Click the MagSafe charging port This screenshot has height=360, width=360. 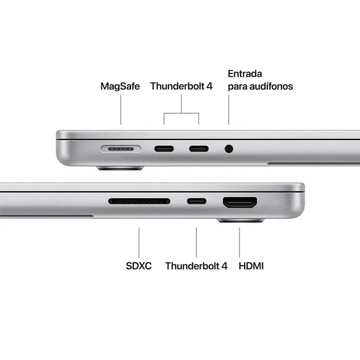point(121,149)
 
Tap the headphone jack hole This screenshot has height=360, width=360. point(229,149)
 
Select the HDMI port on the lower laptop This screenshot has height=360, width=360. point(240,202)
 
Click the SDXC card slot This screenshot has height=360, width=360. point(139,201)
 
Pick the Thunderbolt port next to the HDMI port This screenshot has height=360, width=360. point(197,201)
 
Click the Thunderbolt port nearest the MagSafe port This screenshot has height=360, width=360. point(164,149)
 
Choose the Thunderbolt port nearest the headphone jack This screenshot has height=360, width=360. point(199,149)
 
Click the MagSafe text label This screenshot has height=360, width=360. point(120,86)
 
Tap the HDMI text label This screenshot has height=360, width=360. point(251,266)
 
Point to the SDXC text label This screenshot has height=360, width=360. point(139,266)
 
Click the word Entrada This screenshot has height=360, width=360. point(245,74)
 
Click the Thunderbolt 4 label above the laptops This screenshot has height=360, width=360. point(181,86)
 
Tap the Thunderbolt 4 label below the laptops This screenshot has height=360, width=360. point(196,266)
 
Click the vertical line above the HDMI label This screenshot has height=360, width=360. point(240,242)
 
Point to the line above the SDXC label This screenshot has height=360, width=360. point(139,242)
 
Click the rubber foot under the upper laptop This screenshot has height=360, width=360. point(120,168)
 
